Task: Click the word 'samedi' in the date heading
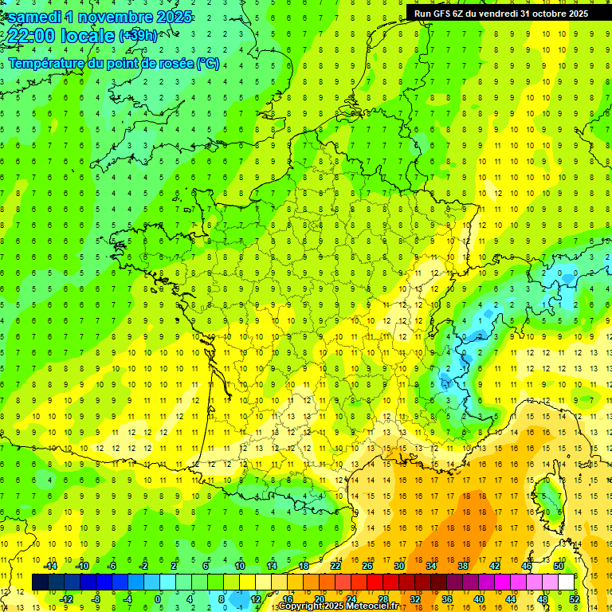(x=35, y=17)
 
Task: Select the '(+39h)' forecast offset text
(x=138, y=36)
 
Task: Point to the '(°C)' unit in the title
(x=207, y=63)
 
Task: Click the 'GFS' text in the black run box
(x=446, y=13)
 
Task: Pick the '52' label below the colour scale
(x=575, y=599)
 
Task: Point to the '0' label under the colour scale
(x=158, y=599)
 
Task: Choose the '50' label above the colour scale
(x=559, y=566)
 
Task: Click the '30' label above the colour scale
(x=399, y=566)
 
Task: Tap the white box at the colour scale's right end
(x=567, y=583)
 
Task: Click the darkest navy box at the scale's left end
(x=40, y=583)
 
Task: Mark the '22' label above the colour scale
(x=335, y=566)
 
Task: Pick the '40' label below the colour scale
(x=479, y=599)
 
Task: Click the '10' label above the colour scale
(x=240, y=566)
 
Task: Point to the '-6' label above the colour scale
(x=112, y=566)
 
